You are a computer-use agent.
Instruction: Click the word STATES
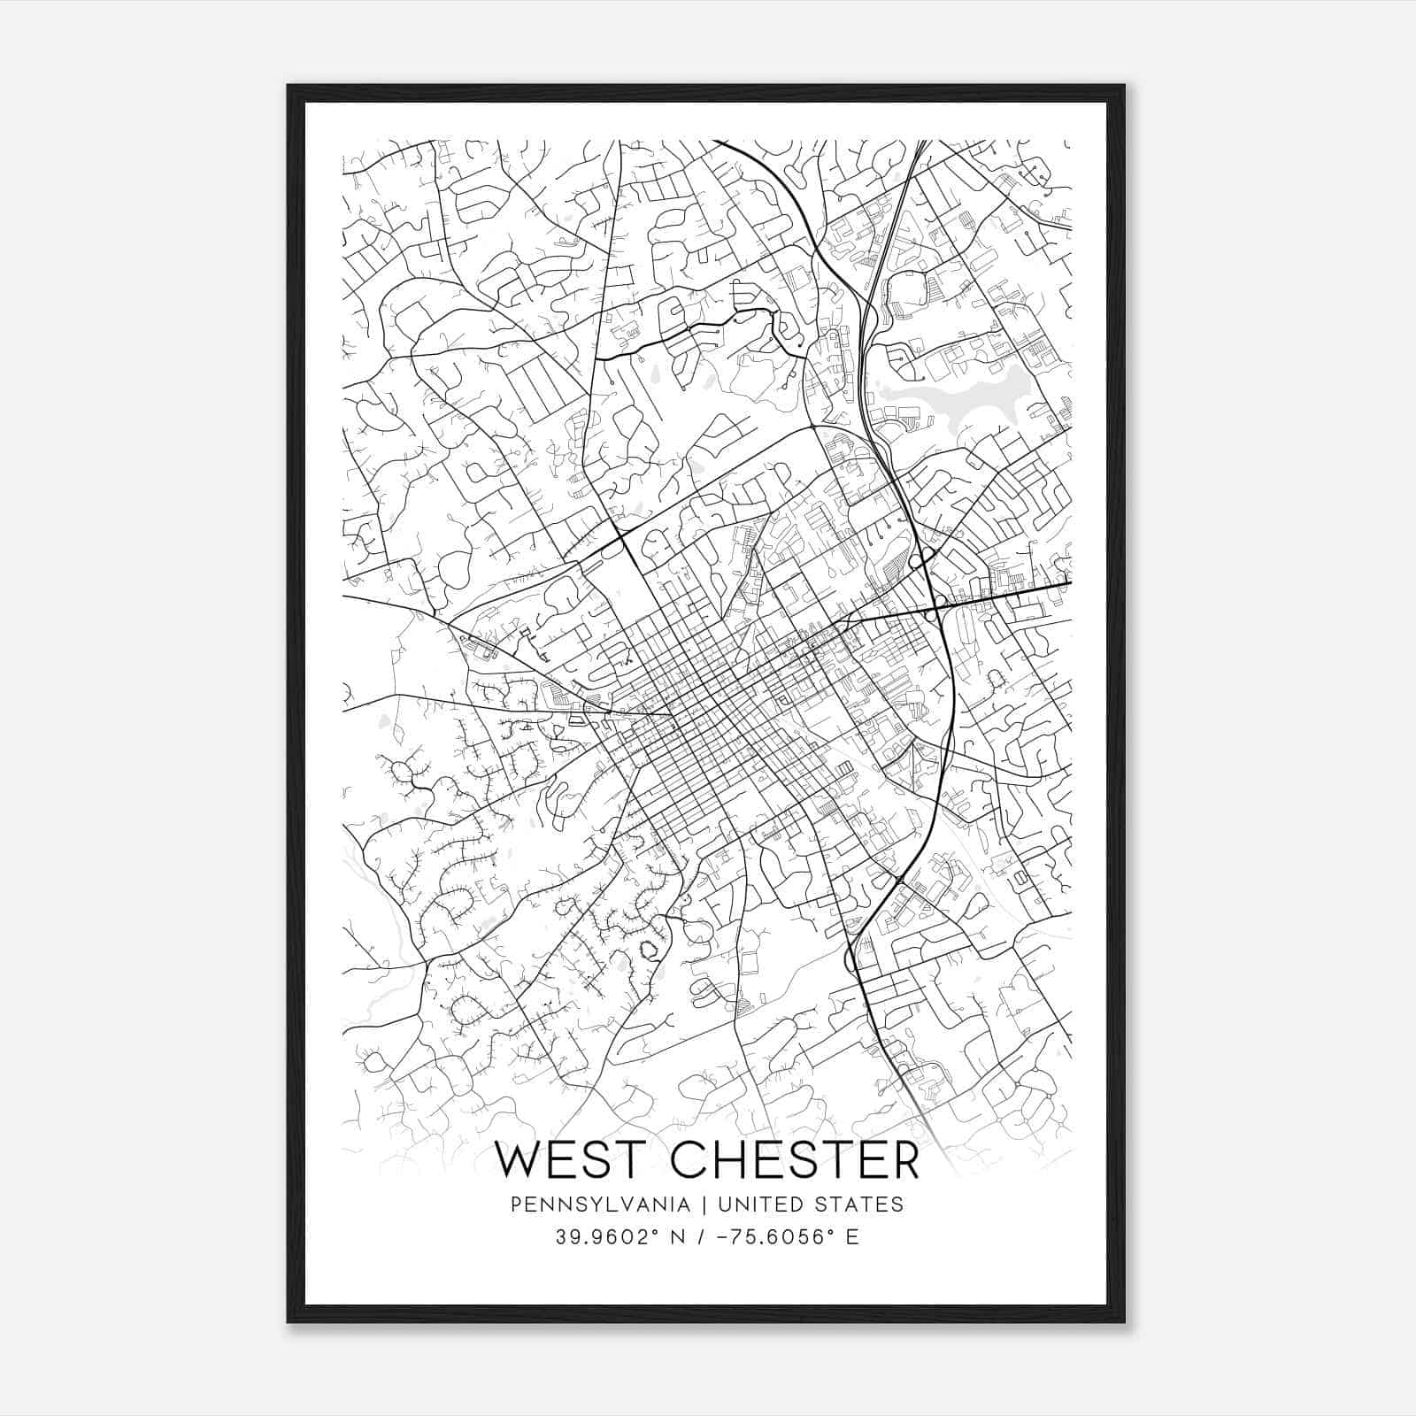pos(859,1204)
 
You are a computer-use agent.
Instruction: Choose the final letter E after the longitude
pos(852,1236)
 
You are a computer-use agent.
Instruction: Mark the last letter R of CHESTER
pos(904,1159)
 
